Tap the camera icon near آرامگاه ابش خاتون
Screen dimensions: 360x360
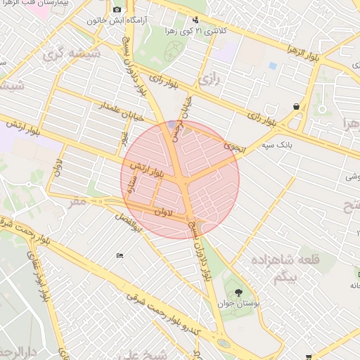point(117,9)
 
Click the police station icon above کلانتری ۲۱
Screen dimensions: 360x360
point(194,20)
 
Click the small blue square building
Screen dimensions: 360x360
point(273,65)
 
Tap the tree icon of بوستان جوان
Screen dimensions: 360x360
point(239,291)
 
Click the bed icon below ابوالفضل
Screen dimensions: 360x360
point(120,255)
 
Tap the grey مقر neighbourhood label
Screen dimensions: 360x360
point(77,201)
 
